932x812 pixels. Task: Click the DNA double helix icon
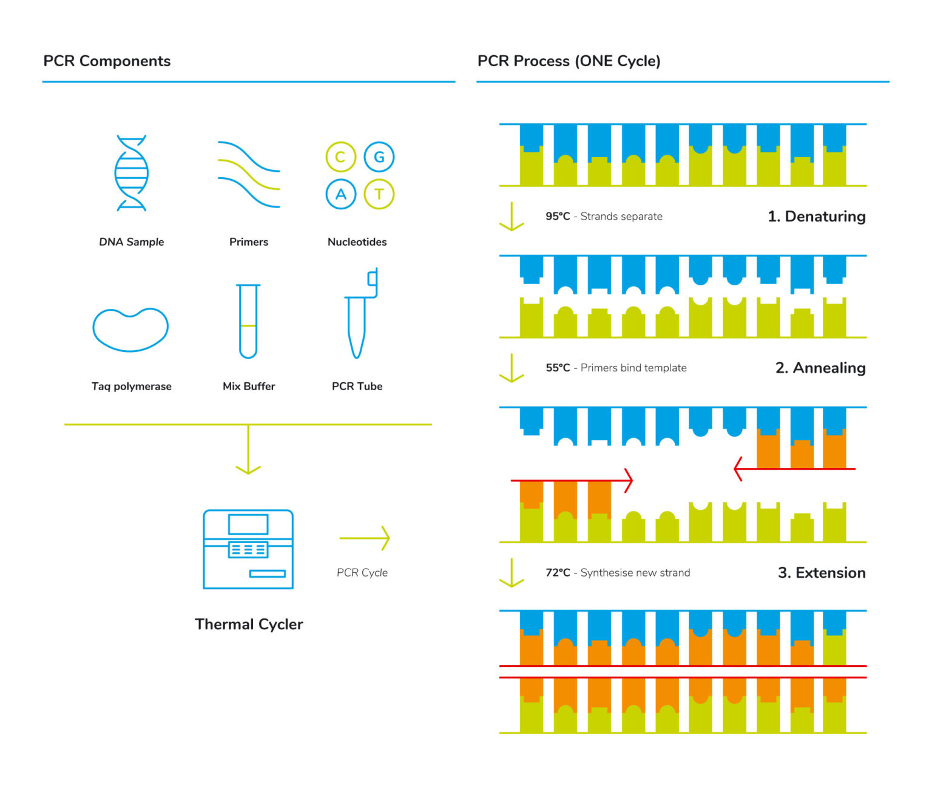[131, 174]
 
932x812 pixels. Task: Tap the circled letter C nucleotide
[340, 157]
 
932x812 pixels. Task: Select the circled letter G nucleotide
[379, 157]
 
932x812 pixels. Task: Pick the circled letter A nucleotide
[340, 194]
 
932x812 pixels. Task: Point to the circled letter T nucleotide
[379, 194]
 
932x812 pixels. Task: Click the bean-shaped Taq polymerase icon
[130, 330]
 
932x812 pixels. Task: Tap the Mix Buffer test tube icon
[248, 321]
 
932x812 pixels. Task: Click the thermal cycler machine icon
[248, 549]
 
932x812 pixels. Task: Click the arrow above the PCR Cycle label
[364, 538]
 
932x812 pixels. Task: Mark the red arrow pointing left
[794, 469]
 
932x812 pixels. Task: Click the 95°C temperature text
[558, 216]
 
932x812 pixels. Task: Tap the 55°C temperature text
[558, 368]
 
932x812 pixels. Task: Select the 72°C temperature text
[558, 572]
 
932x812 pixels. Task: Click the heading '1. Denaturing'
[816, 216]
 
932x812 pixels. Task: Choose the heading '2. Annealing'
[820, 368]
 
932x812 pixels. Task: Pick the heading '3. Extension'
[821, 572]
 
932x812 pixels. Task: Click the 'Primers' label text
[248, 242]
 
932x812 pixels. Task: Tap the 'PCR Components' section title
[107, 61]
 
